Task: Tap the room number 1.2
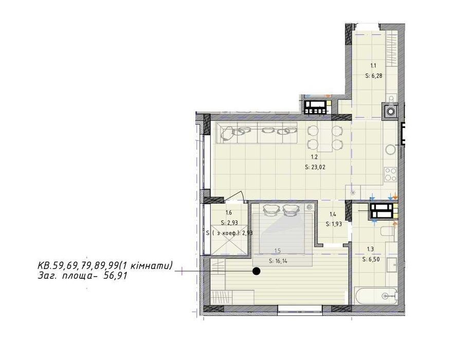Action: tap(314, 157)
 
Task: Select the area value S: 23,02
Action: tap(315, 167)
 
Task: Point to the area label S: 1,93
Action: tap(334, 224)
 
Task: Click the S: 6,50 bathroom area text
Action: tap(371, 260)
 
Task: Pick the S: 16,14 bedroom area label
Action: tap(278, 261)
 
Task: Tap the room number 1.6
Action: tap(228, 213)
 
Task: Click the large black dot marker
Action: tap(256, 271)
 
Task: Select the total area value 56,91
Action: tap(115, 276)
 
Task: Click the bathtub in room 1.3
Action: tap(376, 296)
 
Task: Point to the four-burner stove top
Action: tap(390, 175)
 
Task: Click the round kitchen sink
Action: tap(390, 150)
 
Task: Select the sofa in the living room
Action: tap(257, 132)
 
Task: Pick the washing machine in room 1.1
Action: tap(390, 111)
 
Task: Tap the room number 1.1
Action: tap(374, 66)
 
